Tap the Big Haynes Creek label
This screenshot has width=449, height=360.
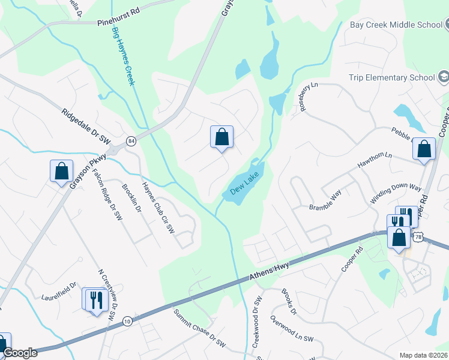pyautogui.click(x=122, y=55)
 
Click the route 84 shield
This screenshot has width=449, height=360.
pyautogui.click(x=130, y=142)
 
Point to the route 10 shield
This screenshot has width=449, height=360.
pyautogui.click(x=127, y=322)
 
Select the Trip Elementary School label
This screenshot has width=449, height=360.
pyautogui.click(x=392, y=77)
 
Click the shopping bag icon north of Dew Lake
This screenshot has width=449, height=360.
pyautogui.click(x=221, y=137)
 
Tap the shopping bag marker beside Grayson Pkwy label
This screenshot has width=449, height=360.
pyautogui.click(x=61, y=172)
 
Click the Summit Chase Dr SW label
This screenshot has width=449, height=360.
pyautogui.click(x=199, y=329)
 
